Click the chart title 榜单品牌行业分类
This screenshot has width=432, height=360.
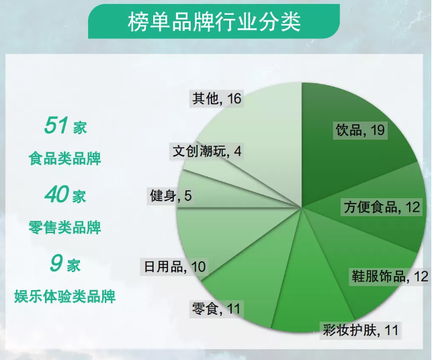[214, 21]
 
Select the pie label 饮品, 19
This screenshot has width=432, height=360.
[360, 130]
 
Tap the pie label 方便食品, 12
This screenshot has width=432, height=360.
[382, 207]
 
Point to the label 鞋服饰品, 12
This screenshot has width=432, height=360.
[390, 276]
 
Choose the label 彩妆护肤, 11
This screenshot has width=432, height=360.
[361, 330]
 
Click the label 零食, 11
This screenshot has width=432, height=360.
[216, 309]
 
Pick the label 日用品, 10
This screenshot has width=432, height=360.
[175, 267]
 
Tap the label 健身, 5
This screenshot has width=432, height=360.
[171, 196]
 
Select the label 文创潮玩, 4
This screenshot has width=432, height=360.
[207, 151]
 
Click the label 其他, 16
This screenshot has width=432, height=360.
[217, 99]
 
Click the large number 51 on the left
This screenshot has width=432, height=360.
[55, 126]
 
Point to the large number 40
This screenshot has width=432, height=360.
[56, 194]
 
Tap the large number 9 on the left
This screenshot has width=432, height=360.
[56, 263]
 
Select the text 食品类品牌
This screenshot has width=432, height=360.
[64, 159]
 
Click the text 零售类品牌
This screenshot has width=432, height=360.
[64, 228]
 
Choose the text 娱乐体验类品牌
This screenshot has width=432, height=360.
[64, 296]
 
